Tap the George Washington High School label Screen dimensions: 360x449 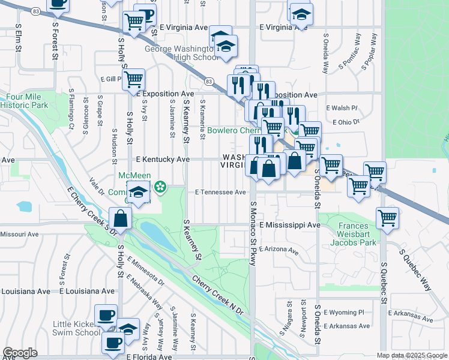(x=180, y=52)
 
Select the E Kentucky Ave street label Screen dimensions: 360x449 (x=163, y=160)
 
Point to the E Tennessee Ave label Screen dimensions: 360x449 (x=220, y=192)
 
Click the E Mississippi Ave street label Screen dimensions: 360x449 (x=290, y=224)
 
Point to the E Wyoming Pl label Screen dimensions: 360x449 (x=344, y=313)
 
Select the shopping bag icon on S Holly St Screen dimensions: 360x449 (x=121, y=219)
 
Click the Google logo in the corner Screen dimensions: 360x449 (x=20, y=353)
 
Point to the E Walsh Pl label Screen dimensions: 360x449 (x=342, y=108)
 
